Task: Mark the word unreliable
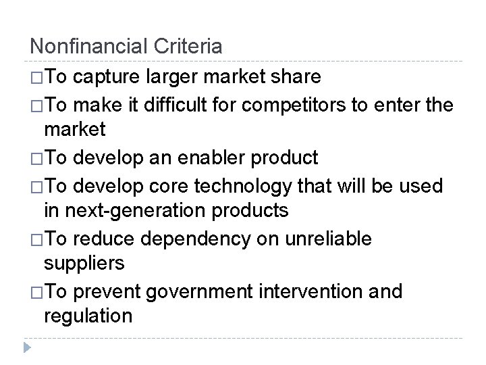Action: point(333,239)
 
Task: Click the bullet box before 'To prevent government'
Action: point(36,292)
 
